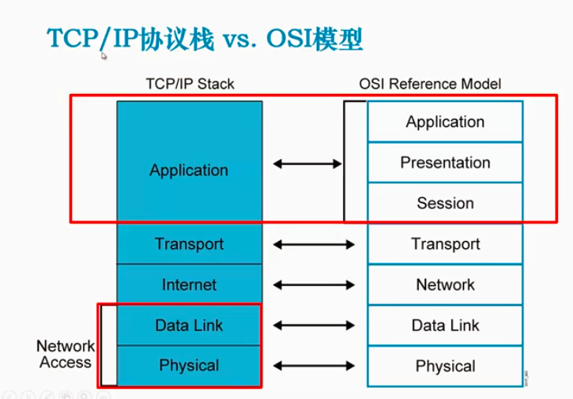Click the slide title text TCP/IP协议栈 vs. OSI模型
pyautogui.click(x=205, y=39)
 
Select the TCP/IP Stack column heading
pyautogui.click(x=190, y=84)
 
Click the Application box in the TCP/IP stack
pyautogui.click(x=189, y=170)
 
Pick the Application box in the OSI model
pyautogui.click(x=445, y=122)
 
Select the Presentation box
pyautogui.click(x=445, y=163)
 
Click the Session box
pyautogui.click(x=445, y=203)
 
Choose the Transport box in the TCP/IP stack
pyautogui.click(x=189, y=244)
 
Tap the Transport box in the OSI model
pyautogui.click(x=445, y=244)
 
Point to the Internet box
pyautogui.click(x=189, y=284)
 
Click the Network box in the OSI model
pyautogui.click(x=445, y=284)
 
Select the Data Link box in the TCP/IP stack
pyautogui.click(x=189, y=325)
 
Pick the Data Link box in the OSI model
pyautogui.click(x=445, y=325)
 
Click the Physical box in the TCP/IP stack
pyautogui.click(x=189, y=366)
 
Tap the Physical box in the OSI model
pyautogui.click(x=445, y=367)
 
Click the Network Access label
pyautogui.click(x=66, y=355)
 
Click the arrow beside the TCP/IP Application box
pyautogui.click(x=307, y=164)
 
